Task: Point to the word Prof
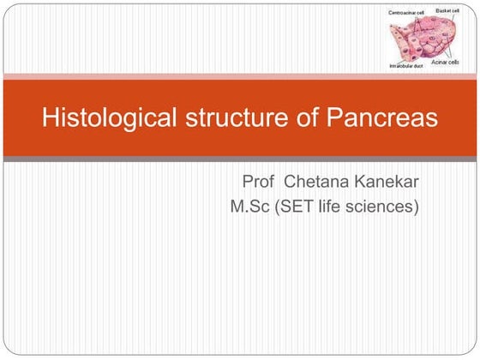tap(261, 183)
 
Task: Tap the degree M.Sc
tap(251, 207)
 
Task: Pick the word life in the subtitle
tap(340, 207)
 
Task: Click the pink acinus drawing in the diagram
tap(420, 39)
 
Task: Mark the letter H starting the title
tap(50, 118)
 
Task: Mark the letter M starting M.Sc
tap(237, 207)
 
